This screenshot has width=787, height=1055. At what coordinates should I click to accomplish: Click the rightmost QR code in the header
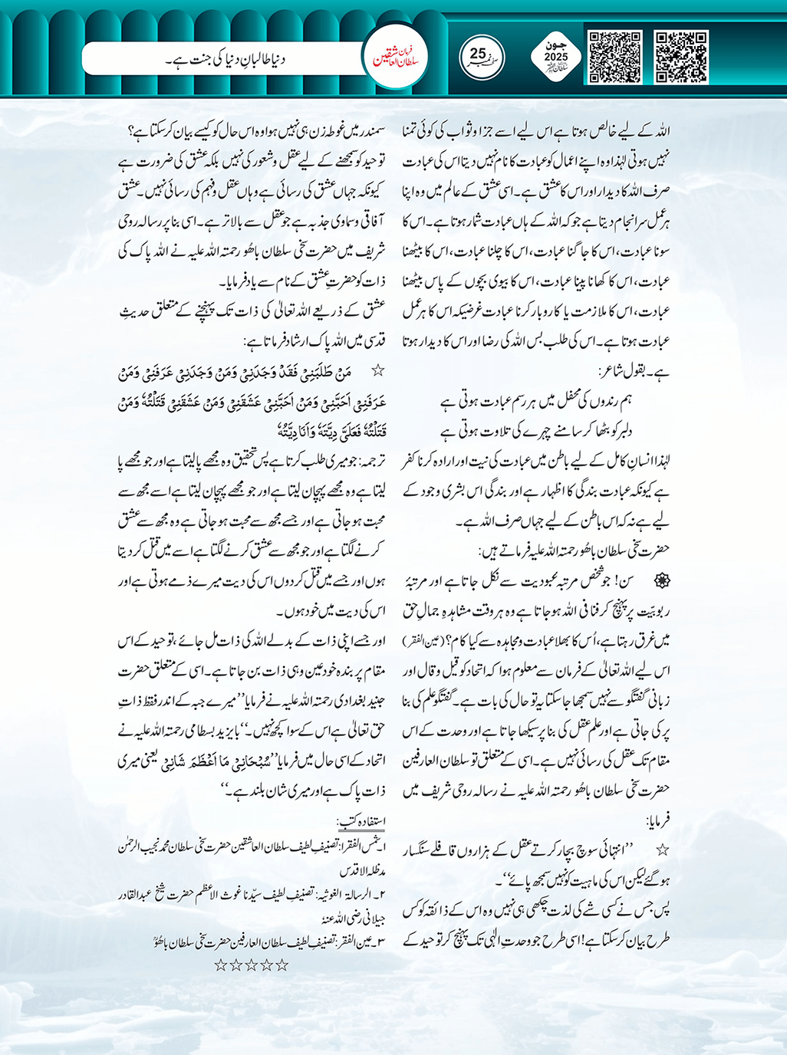pos(680,57)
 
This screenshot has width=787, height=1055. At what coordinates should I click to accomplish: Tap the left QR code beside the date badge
pos(614,57)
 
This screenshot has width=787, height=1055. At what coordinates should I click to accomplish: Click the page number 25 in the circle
pos(479,54)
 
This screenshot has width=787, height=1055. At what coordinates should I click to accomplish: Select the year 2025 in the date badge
pos(557,58)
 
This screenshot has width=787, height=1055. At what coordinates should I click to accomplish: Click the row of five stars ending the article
pos(245,965)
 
